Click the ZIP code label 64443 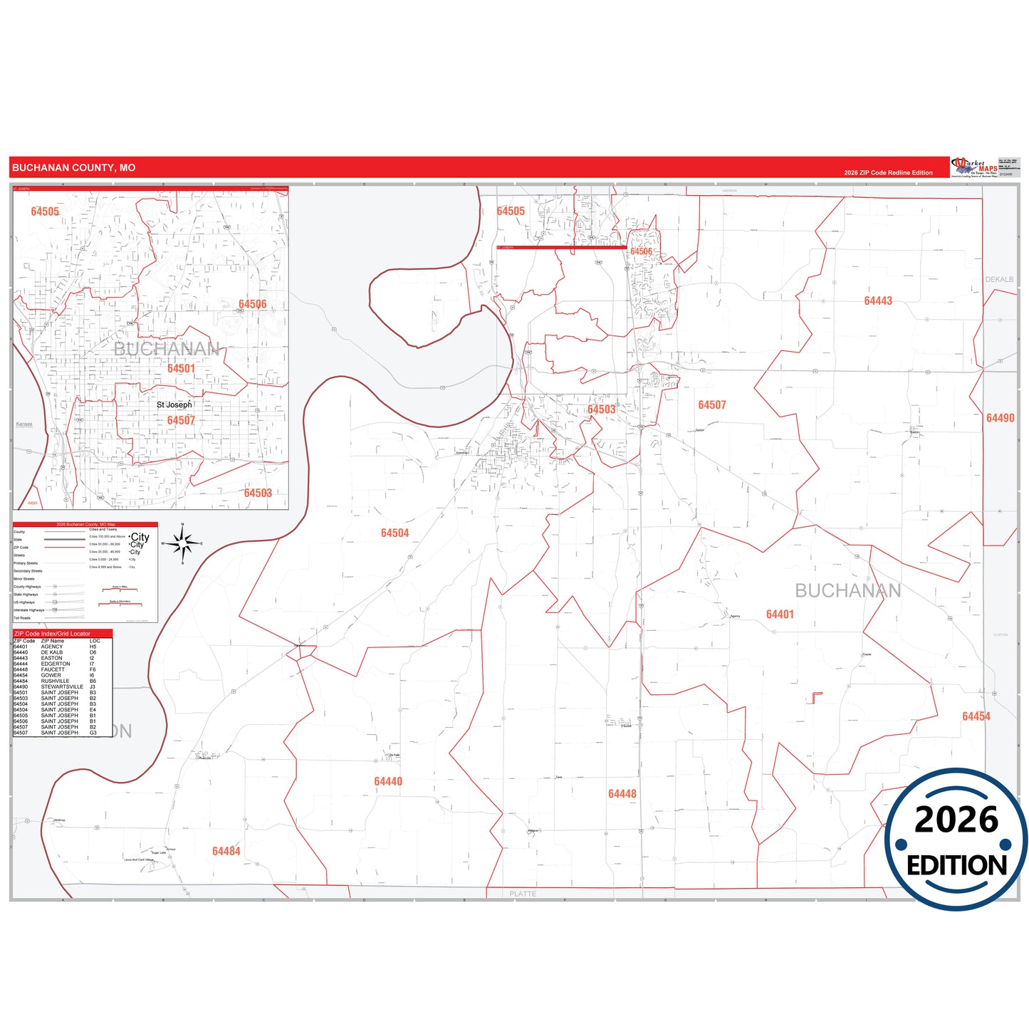pos(877,301)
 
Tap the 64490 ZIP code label pos(1000,418)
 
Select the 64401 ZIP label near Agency pos(780,614)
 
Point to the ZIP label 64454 pos(976,716)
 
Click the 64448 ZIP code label pos(622,794)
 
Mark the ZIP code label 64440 pos(388,782)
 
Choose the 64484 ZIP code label pos(226,851)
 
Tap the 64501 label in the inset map pos(181,368)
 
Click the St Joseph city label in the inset pos(174,404)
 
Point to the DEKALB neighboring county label pos(999,279)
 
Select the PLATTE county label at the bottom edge pos(523,894)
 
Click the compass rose pos(183,543)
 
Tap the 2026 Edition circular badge pos(956,839)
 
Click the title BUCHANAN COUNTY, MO pos(73,168)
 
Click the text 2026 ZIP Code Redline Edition pos(888,172)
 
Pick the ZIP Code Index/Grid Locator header pos(52,633)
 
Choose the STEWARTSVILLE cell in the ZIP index pos(62,686)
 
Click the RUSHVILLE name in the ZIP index pos(55,681)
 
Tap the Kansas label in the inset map pos(24,424)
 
